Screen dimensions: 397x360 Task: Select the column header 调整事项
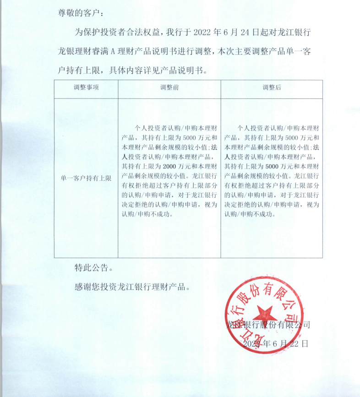tap(86, 87)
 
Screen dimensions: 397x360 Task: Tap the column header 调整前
tap(169, 87)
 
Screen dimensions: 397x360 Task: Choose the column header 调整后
tap(272, 87)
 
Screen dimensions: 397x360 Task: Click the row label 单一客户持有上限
tap(86, 178)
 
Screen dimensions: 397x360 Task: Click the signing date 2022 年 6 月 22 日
tap(276, 343)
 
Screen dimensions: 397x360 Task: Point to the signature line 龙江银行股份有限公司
tap(269, 325)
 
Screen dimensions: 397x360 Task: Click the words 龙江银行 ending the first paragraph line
tap(297, 33)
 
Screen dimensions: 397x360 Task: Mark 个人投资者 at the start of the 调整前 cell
tap(151, 128)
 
